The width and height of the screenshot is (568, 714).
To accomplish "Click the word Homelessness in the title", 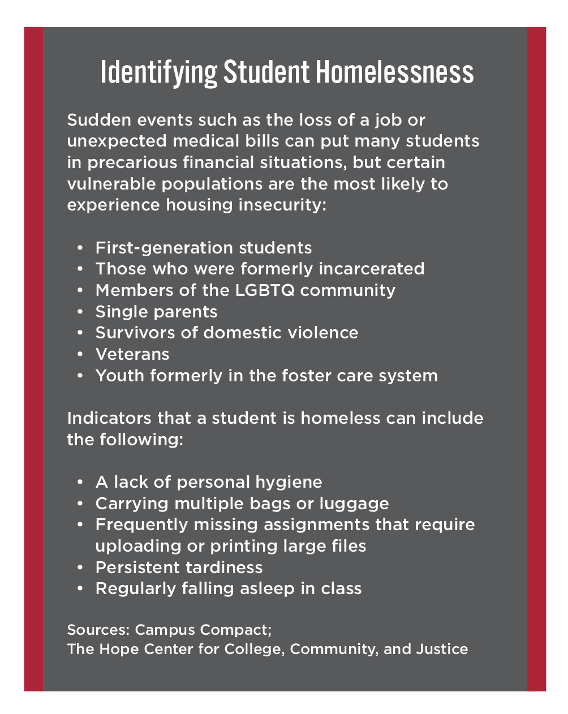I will [394, 72].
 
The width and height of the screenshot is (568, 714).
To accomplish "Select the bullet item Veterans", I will [132, 354].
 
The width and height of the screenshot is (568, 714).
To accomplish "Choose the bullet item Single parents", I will [156, 312].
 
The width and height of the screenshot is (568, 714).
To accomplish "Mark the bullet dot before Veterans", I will [81, 355].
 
